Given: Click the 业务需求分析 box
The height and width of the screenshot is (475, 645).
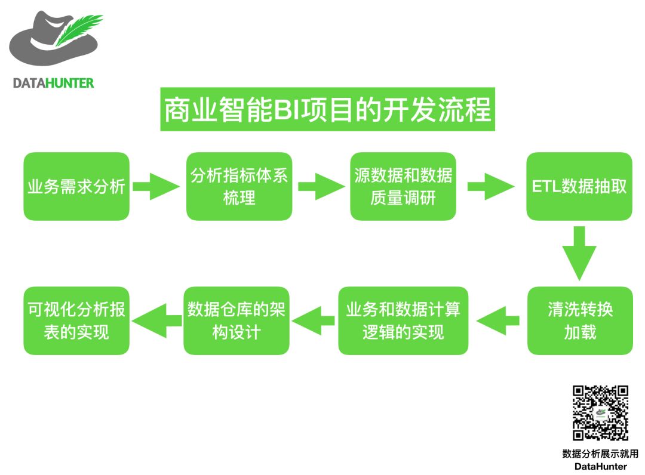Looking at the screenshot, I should coord(76,186).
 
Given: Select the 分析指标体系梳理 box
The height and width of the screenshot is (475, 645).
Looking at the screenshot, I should coord(239,186).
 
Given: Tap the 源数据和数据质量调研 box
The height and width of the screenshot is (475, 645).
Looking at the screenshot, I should coord(403,186).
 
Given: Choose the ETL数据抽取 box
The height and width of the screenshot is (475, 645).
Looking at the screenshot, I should coord(579,186).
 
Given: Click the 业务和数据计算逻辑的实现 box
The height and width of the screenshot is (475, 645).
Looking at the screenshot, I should coord(403,321).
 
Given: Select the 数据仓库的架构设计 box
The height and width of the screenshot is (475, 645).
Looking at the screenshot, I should coord(236,321).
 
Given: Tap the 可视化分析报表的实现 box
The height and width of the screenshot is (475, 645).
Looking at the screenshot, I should coord(76,321).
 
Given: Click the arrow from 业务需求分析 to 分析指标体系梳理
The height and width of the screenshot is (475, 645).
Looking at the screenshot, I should coord(156,186).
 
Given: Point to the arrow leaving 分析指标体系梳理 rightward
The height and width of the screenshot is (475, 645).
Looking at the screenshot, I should coord(321,186).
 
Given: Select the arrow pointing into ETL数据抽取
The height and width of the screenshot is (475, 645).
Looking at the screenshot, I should coord(491,186).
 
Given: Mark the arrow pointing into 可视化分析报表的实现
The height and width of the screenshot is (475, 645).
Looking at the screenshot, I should coord(156,321).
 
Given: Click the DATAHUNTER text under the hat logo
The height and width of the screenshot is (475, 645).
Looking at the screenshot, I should coord(54,83).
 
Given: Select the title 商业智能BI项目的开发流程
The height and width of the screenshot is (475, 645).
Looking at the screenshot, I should coord(328,110).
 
